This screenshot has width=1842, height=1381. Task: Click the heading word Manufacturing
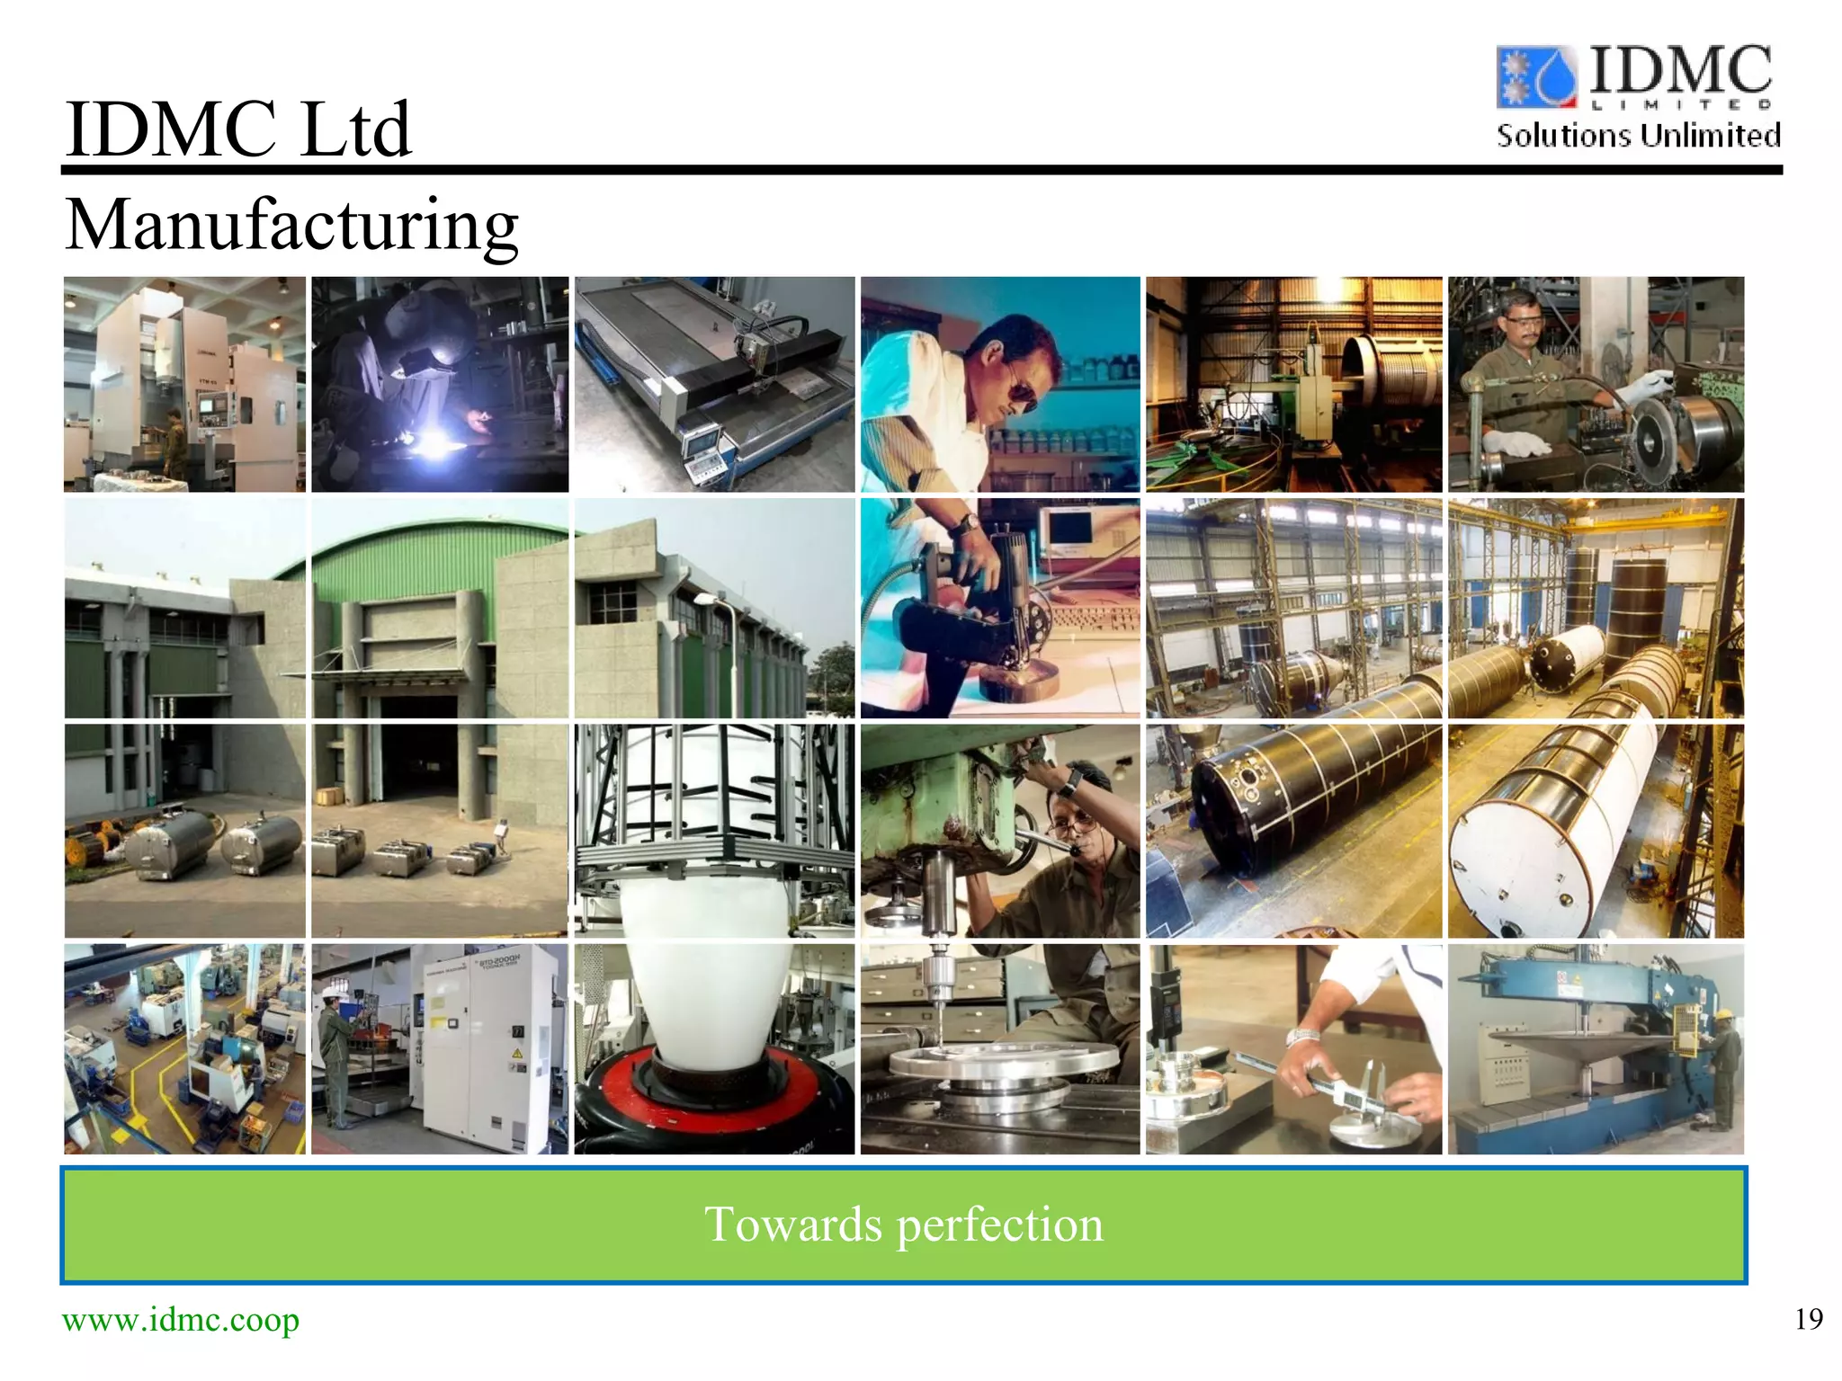tap(291, 225)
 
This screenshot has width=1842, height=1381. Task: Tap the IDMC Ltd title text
tap(237, 129)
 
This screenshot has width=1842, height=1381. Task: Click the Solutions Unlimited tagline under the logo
tap(1638, 136)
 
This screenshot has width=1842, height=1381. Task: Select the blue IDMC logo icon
tap(1536, 76)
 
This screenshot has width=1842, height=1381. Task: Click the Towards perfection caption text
tap(903, 1225)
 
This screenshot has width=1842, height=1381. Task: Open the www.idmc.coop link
tap(180, 1320)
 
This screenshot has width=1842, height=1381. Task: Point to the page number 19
tap(1808, 1319)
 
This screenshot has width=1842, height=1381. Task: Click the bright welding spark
tap(438, 443)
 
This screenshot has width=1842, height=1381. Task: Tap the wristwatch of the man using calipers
tap(1301, 1036)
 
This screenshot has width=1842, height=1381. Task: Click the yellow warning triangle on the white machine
tap(517, 1053)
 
